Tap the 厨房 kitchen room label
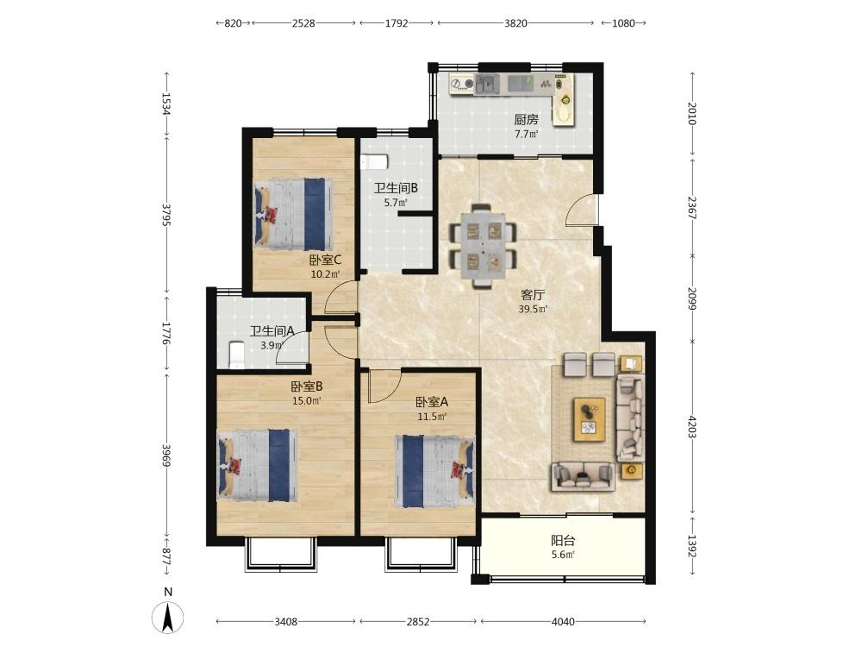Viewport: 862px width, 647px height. pos(526,119)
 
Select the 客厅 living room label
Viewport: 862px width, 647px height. pos(533,295)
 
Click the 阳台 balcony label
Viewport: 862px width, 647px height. pos(563,540)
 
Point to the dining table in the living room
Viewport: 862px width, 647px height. pos(483,247)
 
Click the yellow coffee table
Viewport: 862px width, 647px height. pos(590,420)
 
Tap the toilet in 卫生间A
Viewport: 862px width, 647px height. pos(236,355)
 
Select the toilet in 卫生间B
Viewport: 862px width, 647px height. pos(374,162)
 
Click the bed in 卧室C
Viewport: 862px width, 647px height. pos(293,213)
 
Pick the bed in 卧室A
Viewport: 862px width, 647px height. pos(434,471)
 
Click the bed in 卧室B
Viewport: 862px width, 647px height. pos(258,466)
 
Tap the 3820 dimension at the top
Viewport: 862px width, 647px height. pos(515,23)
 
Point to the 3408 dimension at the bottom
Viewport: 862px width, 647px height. pos(286,622)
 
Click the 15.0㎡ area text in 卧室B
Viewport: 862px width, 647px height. pos(307,401)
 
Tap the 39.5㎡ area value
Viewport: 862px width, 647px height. pos(533,309)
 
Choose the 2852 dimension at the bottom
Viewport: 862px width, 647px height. pos(418,622)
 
